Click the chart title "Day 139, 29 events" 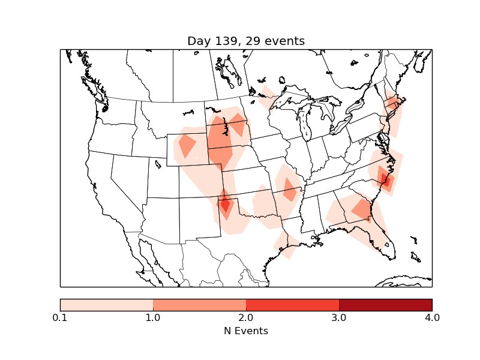tap(246, 41)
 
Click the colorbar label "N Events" tap(246, 331)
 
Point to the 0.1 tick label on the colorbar tap(60, 317)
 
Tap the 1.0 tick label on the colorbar tap(153, 317)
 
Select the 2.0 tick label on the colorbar tap(246, 317)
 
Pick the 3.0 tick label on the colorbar tap(339, 317)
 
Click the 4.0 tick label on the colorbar tap(432, 317)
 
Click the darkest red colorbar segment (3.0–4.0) tap(385, 305)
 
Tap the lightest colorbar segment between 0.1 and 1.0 tap(106, 305)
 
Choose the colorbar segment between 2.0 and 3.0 tap(292, 305)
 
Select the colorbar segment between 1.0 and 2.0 tap(199, 305)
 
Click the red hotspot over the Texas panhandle tap(225, 205)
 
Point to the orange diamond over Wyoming tap(187, 146)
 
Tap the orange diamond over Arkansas tap(290, 190)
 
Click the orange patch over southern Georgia tap(362, 209)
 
